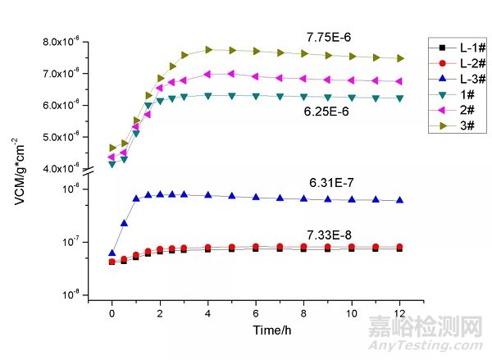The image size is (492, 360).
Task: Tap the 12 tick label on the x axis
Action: [400, 312]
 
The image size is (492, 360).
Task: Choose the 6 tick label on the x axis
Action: [256, 312]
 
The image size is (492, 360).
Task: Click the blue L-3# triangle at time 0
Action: [112, 253]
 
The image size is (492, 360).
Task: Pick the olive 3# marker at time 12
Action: [400, 58]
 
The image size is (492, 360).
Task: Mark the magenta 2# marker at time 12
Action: [400, 81]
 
